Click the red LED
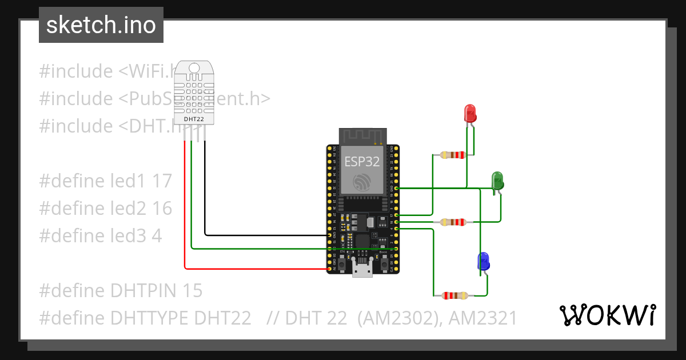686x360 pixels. click(470, 113)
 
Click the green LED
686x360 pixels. click(497, 180)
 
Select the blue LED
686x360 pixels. click(483, 261)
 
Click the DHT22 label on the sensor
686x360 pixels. click(193, 119)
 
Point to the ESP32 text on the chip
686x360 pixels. click(361, 161)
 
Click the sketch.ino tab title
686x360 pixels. click(101, 25)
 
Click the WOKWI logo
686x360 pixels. click(607, 315)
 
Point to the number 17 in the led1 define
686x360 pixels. click(162, 181)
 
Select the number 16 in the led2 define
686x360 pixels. click(162, 209)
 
